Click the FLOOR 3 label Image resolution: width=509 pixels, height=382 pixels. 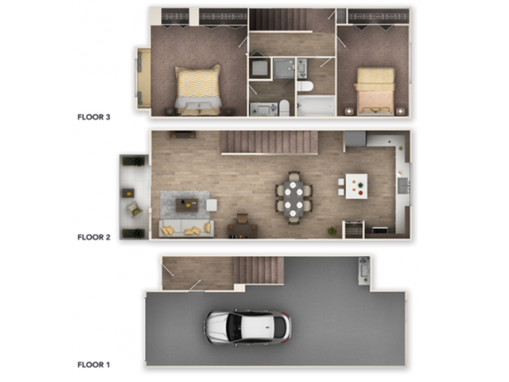tap(93, 117)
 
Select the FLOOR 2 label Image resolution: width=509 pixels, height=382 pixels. tap(93, 236)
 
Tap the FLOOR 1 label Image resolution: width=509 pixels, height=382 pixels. tap(93, 364)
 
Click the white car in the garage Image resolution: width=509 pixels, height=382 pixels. tap(247, 326)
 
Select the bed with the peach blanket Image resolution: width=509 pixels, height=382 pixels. tap(375, 91)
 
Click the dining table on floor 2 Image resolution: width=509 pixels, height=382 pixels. tap(293, 197)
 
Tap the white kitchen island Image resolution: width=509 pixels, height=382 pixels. tap(356, 186)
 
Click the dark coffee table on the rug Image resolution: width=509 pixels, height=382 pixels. tap(187, 205)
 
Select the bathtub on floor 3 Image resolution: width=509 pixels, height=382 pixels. tap(315, 107)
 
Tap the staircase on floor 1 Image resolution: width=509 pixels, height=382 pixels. tap(258, 270)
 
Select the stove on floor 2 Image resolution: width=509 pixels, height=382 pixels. tap(353, 229)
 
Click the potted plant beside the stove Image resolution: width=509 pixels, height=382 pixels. tap(332, 231)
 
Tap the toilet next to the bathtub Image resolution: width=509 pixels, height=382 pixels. tap(305, 86)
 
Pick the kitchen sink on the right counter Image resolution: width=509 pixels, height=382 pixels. tap(402, 185)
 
